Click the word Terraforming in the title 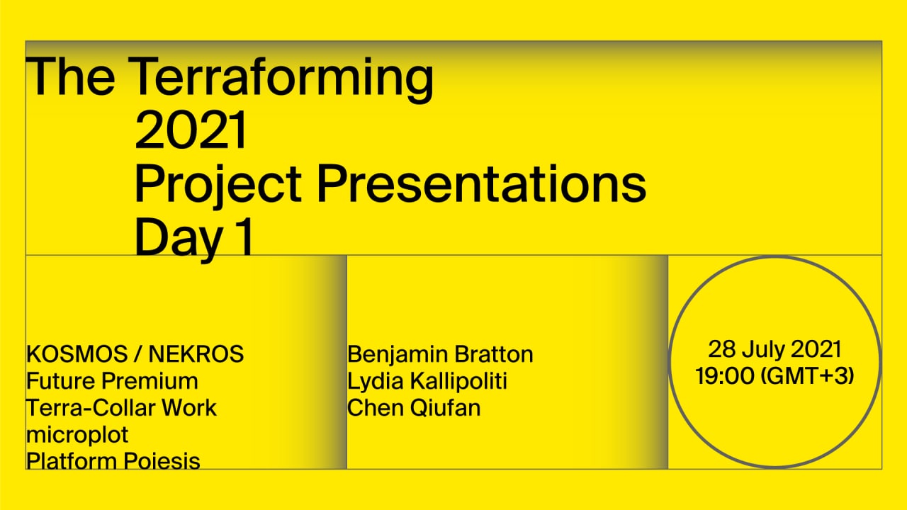tap(281, 79)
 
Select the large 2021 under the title tap(191, 130)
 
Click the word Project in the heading tap(218, 186)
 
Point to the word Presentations tap(481, 183)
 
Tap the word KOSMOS tap(77, 354)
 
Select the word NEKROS tap(196, 354)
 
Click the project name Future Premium tap(112, 381)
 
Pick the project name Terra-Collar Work tap(121, 407)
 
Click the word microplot tap(77, 436)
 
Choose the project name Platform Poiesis tap(113, 461)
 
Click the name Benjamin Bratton tap(440, 355)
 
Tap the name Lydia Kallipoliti tap(427, 381)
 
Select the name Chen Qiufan tap(414, 407)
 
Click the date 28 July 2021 tap(774, 349)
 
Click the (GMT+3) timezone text tap(807, 376)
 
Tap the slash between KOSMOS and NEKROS tap(138, 354)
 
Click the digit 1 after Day tap(244, 236)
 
